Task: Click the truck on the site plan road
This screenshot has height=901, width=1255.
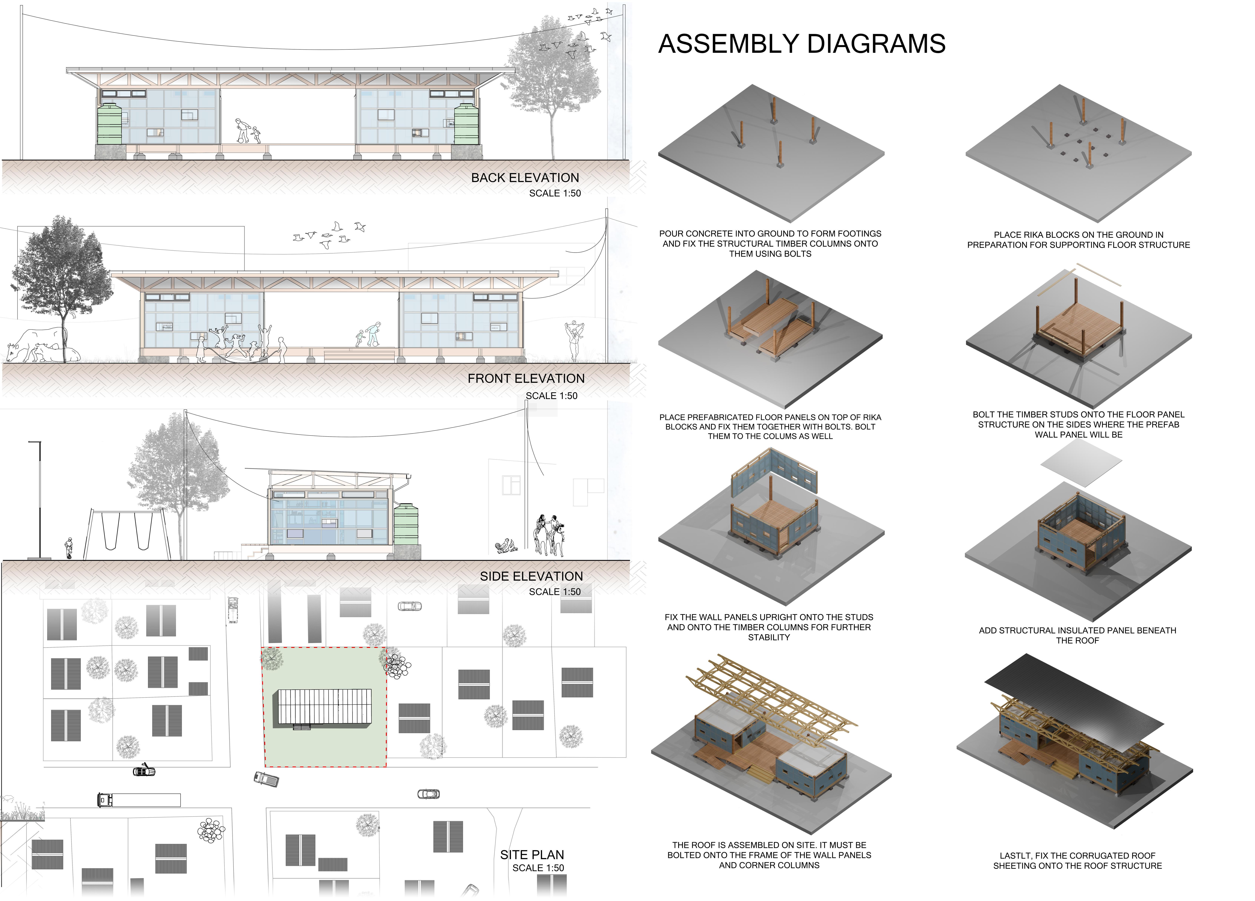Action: tap(138, 800)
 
